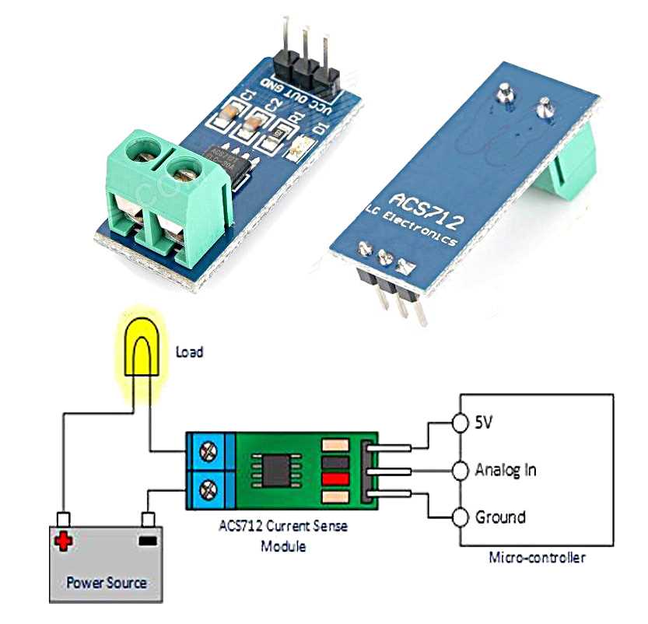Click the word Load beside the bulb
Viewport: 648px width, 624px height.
click(189, 352)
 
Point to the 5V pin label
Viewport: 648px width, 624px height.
click(484, 422)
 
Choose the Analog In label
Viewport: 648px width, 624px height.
click(505, 470)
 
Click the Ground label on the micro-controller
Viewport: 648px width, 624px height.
click(499, 517)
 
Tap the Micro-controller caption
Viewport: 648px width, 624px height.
click(537, 557)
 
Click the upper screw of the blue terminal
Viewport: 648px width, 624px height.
click(208, 450)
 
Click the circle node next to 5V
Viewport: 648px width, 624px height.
click(460, 422)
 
